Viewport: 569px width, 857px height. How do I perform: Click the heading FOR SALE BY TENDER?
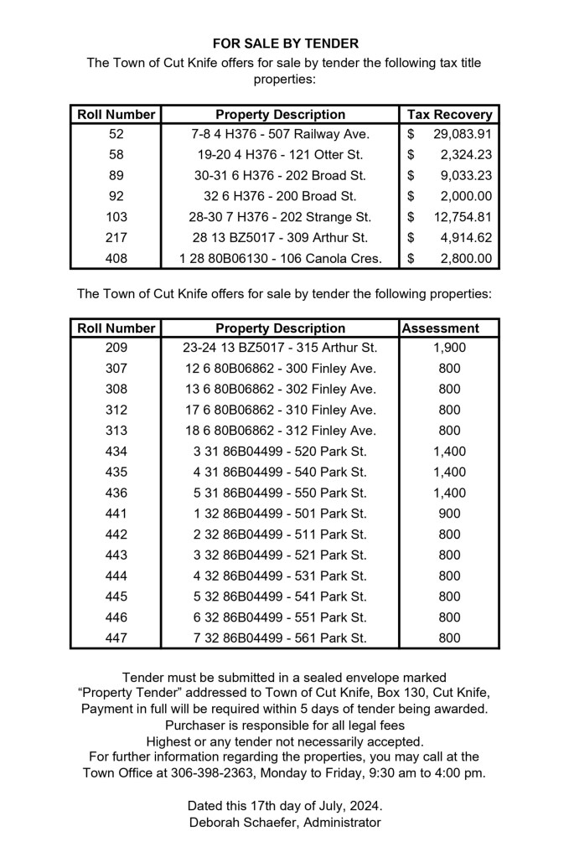click(284, 43)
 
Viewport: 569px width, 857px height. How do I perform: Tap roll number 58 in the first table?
click(116, 155)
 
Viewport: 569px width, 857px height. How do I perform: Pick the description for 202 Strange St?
click(280, 217)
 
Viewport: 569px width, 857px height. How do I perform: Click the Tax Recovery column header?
click(449, 114)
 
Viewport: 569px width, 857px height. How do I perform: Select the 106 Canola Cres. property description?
click(280, 259)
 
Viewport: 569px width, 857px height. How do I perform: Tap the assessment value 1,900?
click(450, 348)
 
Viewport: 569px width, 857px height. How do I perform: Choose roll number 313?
click(116, 431)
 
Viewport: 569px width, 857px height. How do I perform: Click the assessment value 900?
click(450, 514)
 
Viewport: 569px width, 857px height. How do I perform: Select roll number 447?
click(116, 638)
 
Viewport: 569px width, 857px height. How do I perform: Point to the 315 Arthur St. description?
click(280, 348)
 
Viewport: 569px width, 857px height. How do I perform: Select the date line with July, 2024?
click(284, 805)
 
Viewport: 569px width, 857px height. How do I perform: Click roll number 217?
click(116, 238)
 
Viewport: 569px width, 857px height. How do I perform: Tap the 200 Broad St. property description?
click(280, 196)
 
